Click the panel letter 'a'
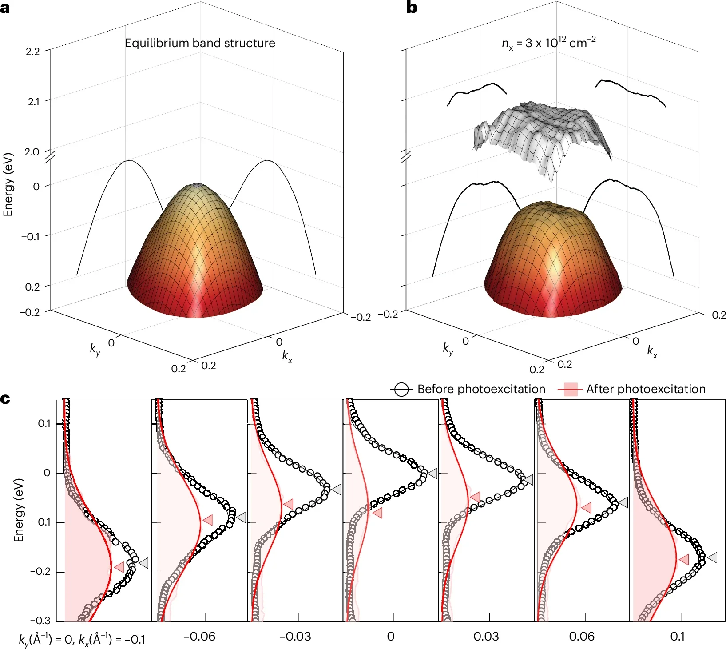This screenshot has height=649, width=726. point(5,8)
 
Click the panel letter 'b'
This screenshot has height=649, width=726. point(412,8)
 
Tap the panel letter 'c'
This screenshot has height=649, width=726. point(5,399)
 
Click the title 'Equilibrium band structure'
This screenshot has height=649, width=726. point(200,43)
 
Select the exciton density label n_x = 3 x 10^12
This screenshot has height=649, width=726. point(548,43)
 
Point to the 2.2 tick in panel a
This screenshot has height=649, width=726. point(33,52)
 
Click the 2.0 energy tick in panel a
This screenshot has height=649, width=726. point(32,152)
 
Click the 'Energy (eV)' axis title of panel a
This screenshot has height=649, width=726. point(8,185)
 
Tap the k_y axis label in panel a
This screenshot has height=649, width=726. point(95,349)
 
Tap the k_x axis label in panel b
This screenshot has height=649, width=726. point(652,352)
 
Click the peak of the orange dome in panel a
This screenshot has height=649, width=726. point(198,186)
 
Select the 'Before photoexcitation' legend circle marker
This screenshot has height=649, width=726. point(401,390)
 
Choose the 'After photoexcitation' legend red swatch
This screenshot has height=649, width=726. point(570,390)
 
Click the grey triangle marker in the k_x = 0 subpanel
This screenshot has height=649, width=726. point(432,474)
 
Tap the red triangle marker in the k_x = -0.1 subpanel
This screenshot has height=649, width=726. point(119,567)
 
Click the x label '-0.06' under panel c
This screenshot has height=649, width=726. point(199,637)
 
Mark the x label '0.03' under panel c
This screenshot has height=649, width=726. point(486,637)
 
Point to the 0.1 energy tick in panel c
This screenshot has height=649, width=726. point(44,423)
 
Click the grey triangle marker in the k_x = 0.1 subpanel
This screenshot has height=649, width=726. point(712,557)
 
